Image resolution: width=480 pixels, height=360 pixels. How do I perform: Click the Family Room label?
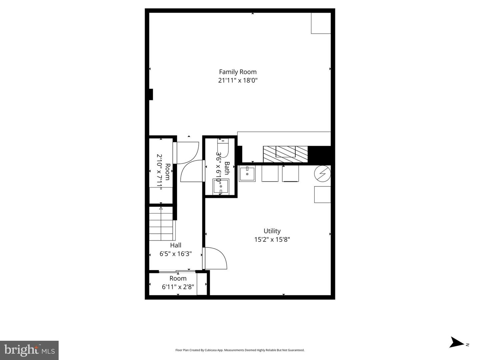pos(238,72)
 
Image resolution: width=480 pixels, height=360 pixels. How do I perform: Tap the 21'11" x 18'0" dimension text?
pos(238,80)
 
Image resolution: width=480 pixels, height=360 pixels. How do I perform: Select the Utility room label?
pos(272,231)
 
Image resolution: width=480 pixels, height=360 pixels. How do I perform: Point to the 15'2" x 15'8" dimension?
pos(272,239)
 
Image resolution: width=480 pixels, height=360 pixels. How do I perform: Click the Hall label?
pos(176,245)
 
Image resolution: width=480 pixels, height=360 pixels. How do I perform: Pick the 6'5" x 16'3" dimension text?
pos(176,254)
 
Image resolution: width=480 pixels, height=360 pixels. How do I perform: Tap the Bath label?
pos(227,168)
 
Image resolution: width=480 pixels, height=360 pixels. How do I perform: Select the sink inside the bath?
pos(221,186)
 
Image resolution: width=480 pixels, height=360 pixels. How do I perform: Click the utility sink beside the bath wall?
pos(247,174)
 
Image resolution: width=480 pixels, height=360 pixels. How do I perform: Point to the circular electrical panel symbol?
pos(322,173)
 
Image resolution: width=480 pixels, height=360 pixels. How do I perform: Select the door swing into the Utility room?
pos(215,258)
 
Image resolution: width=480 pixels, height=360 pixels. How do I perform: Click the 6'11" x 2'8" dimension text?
pos(178,287)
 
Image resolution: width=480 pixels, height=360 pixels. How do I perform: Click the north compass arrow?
pos(457,343)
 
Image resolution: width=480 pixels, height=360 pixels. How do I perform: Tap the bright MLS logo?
pos(29,350)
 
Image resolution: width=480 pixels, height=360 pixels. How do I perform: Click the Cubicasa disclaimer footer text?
pos(240,350)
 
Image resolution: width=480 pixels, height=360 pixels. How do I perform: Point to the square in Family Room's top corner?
pos(321,23)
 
